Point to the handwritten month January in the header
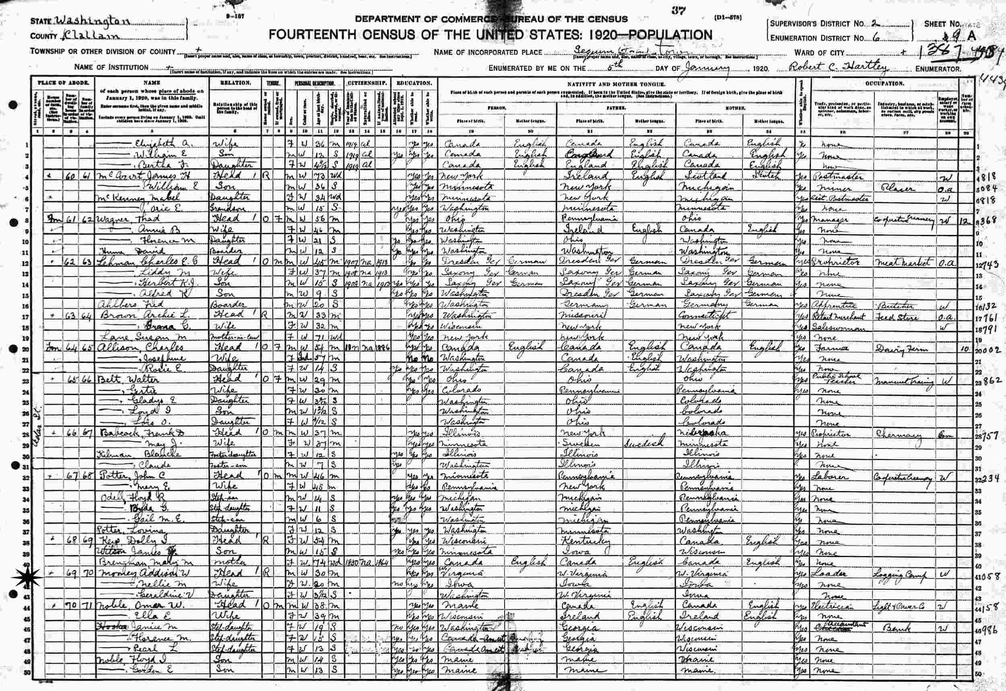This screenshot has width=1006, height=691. (706, 68)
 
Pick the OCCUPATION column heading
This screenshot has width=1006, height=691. (885, 83)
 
